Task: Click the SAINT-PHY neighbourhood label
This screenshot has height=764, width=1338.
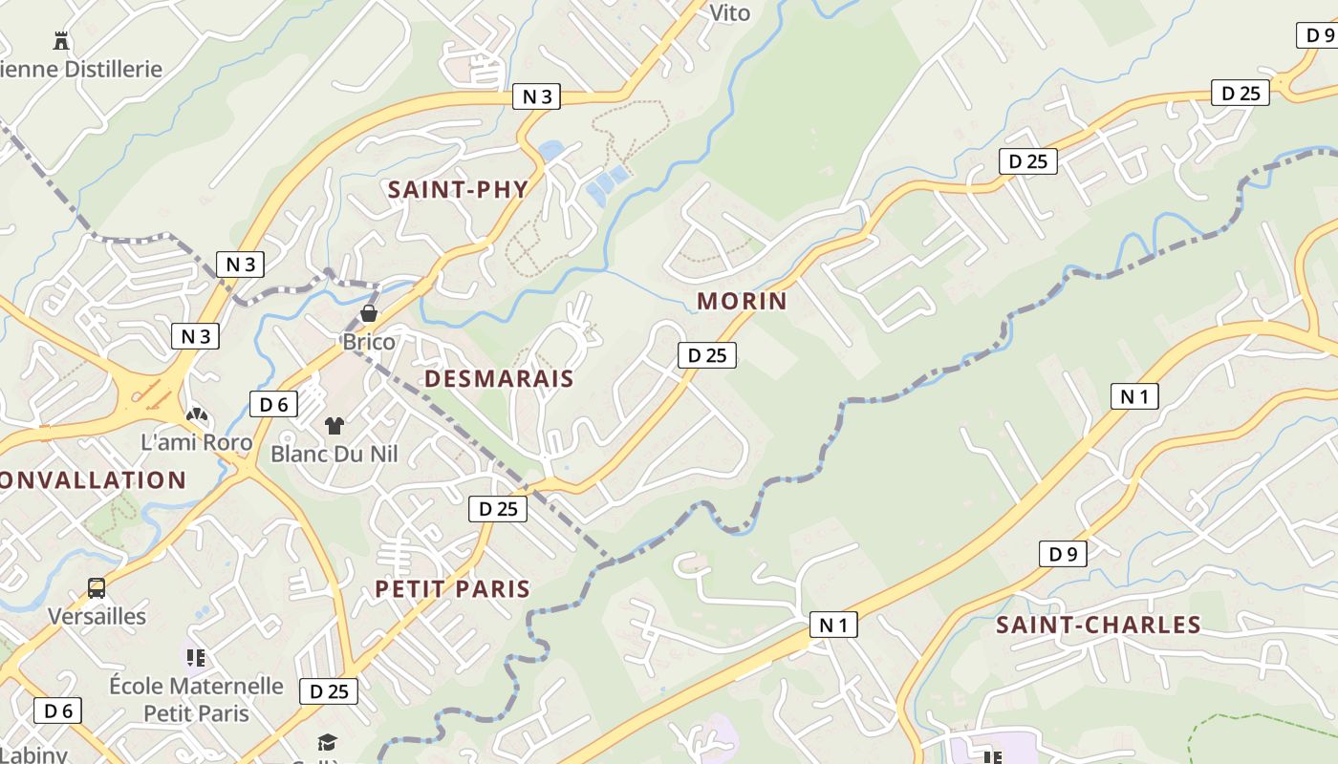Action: pos(458,189)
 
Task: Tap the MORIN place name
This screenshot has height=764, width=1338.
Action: pos(742,301)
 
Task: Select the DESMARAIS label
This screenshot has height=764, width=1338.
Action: pos(499,378)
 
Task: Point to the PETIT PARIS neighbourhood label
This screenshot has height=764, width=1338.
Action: pos(452,588)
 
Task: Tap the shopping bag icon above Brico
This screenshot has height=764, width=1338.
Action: pos(369,313)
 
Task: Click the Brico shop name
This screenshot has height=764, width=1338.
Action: pos(369,341)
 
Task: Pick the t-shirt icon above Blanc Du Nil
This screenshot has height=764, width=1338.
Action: pos(334,425)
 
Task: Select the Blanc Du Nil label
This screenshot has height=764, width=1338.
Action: pos(334,453)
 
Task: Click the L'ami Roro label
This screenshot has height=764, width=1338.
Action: pos(197,442)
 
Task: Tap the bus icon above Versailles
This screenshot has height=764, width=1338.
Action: pos(97,587)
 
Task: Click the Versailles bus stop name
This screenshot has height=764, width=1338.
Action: pos(97,616)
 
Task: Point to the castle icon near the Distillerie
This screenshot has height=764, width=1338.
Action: pos(62,40)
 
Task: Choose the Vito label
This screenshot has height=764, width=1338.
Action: pos(729,12)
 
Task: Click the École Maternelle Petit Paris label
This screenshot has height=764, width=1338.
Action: pos(196,699)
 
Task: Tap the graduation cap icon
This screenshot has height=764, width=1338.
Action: pos(328,742)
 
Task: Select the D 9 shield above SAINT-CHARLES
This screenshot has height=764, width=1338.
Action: pos(1063,554)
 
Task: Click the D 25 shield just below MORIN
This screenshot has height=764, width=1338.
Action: pos(707,355)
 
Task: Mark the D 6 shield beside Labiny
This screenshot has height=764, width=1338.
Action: pos(57,711)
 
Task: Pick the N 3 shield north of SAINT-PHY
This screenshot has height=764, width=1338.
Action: pos(536,96)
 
